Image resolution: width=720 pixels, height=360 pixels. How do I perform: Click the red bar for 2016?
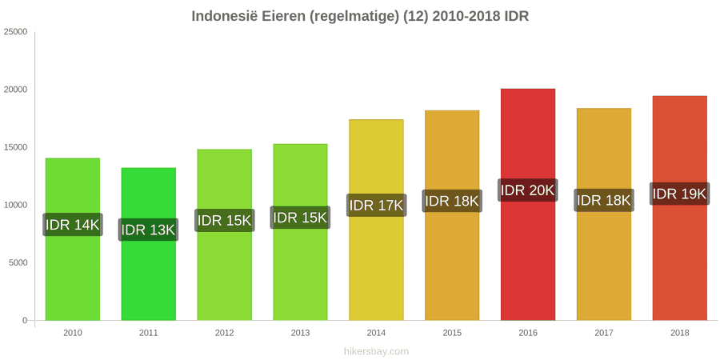pyautogui.click(x=528, y=204)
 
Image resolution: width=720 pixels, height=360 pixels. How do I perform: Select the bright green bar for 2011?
pyautogui.click(x=148, y=244)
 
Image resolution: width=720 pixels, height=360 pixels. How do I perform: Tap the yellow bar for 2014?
pyautogui.click(x=376, y=220)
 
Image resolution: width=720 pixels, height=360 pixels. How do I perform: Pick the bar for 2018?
pyautogui.click(x=679, y=208)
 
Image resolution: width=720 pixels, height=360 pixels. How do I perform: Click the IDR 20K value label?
pyautogui.click(x=528, y=190)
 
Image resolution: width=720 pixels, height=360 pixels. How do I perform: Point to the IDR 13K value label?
pyautogui.click(x=148, y=230)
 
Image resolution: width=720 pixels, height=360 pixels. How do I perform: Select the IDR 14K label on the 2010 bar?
pyautogui.click(x=73, y=225)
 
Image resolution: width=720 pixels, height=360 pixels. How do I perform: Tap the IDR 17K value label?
pyautogui.click(x=376, y=206)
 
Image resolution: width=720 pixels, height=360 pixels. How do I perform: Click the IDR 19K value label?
pyautogui.click(x=679, y=194)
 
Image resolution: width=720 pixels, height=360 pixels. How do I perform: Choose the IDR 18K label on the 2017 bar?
pyautogui.click(x=604, y=200)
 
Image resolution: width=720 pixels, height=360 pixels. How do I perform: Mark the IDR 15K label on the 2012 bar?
pyautogui.click(x=225, y=221)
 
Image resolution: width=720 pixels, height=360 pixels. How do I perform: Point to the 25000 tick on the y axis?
pyautogui.click(x=16, y=32)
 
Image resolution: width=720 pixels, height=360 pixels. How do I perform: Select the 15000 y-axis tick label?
pyautogui.click(x=16, y=147)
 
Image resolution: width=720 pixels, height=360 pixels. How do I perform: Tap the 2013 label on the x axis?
pyautogui.click(x=300, y=334)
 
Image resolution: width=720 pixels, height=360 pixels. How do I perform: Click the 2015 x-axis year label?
pyautogui.click(x=452, y=334)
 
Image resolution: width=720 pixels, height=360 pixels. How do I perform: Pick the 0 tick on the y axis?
pyautogui.click(x=26, y=321)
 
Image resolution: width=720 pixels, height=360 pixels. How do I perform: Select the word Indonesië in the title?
pyautogui.click(x=225, y=17)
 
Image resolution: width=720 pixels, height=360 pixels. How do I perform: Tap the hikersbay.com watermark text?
pyautogui.click(x=376, y=352)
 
